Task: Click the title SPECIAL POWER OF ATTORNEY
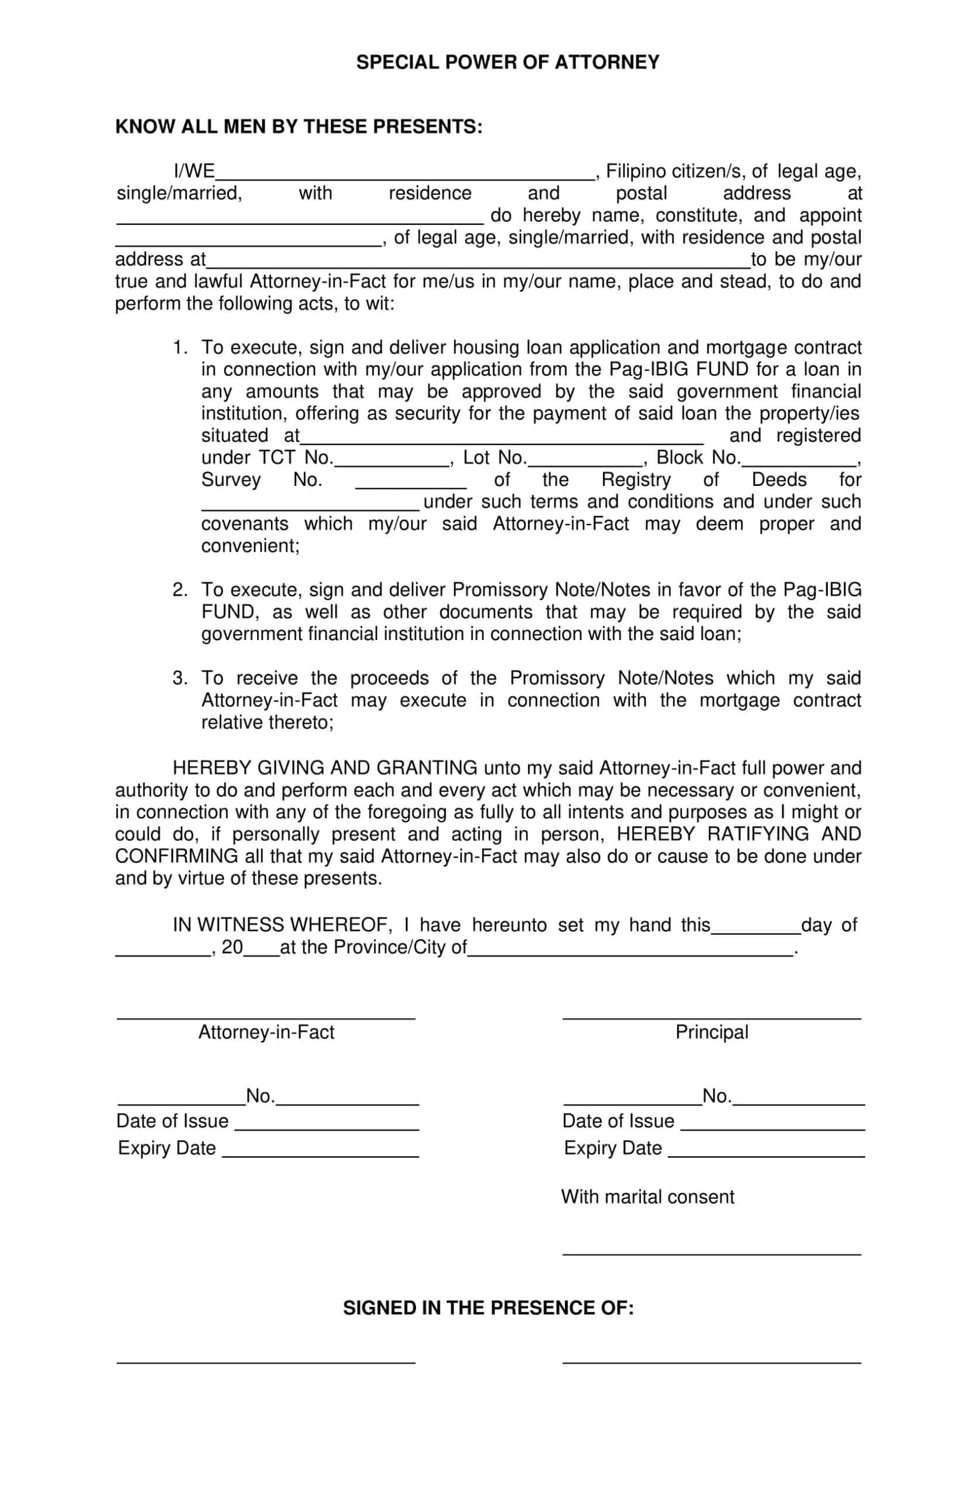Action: click(x=507, y=62)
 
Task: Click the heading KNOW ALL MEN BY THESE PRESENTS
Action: click(x=299, y=127)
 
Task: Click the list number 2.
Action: click(x=180, y=590)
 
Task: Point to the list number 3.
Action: click(x=180, y=678)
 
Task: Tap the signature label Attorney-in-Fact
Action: click(x=266, y=1032)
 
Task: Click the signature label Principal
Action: click(x=712, y=1032)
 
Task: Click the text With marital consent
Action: click(x=647, y=1197)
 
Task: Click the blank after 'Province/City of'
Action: click(x=630, y=950)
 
